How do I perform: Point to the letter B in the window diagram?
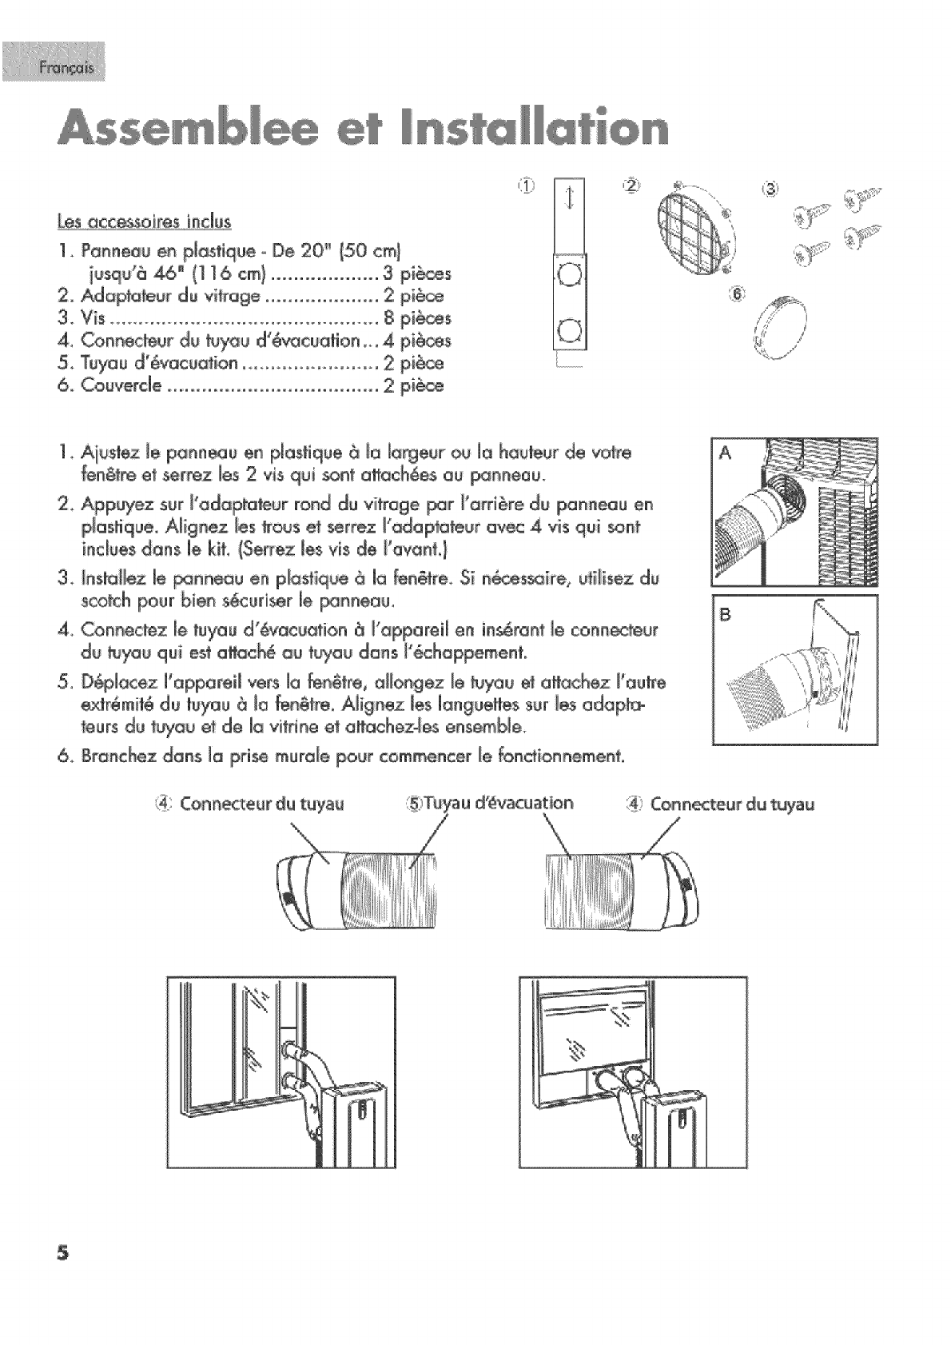pyautogui.click(x=726, y=614)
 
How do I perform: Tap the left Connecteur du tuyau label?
pyautogui.click(x=254, y=804)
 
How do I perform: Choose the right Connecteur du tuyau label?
pyautogui.click(x=723, y=804)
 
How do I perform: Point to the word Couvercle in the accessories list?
pyautogui.click(x=123, y=386)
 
